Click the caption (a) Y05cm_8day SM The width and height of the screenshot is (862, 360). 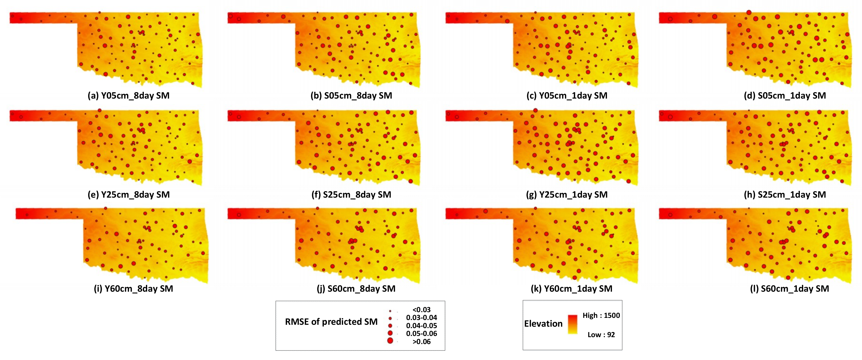click(129, 96)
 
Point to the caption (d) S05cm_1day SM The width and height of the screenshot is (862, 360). click(785, 96)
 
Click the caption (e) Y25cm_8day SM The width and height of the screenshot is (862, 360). click(129, 195)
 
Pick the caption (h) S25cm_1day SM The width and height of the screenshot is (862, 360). click(785, 195)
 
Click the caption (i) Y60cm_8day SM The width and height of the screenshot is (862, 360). click(133, 289)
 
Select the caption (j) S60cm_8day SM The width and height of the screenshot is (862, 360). click(356, 289)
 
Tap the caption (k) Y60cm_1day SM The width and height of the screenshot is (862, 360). click(571, 289)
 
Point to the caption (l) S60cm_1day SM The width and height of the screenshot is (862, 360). click(789, 289)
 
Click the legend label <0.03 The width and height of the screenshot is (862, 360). click(421, 310)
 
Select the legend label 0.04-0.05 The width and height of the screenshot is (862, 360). click(421, 325)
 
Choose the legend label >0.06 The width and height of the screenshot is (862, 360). click(421, 342)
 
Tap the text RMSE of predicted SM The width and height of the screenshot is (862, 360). click(331, 322)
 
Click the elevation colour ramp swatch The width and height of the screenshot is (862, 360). click(572, 324)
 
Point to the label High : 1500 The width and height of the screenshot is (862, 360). click(601, 315)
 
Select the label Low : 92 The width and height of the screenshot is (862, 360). click(601, 335)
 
